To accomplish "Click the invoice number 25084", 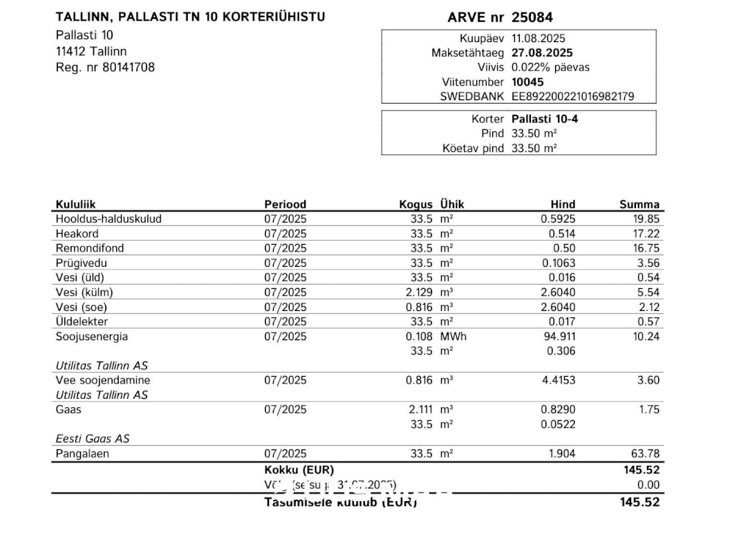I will tap(532, 17).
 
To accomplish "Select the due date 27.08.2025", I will tap(542, 53).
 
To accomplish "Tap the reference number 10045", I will tap(528, 82).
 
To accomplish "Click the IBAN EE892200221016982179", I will tap(572, 97).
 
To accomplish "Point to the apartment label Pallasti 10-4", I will tap(545, 119).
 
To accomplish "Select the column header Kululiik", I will tap(75, 205).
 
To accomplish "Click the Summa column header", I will tap(639, 205).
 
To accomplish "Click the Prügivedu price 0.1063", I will tap(558, 263).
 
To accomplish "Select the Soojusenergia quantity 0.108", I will tap(419, 337).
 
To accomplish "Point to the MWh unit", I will tap(453, 337).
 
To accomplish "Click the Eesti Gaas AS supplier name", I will tap(93, 439).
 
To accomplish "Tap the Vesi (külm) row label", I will tap(82, 292).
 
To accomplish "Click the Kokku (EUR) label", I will tap(299, 470).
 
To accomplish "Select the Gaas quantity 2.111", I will tap(420, 409).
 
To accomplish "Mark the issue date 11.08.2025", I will tap(538, 38).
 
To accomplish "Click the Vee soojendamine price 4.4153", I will tap(558, 380).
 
